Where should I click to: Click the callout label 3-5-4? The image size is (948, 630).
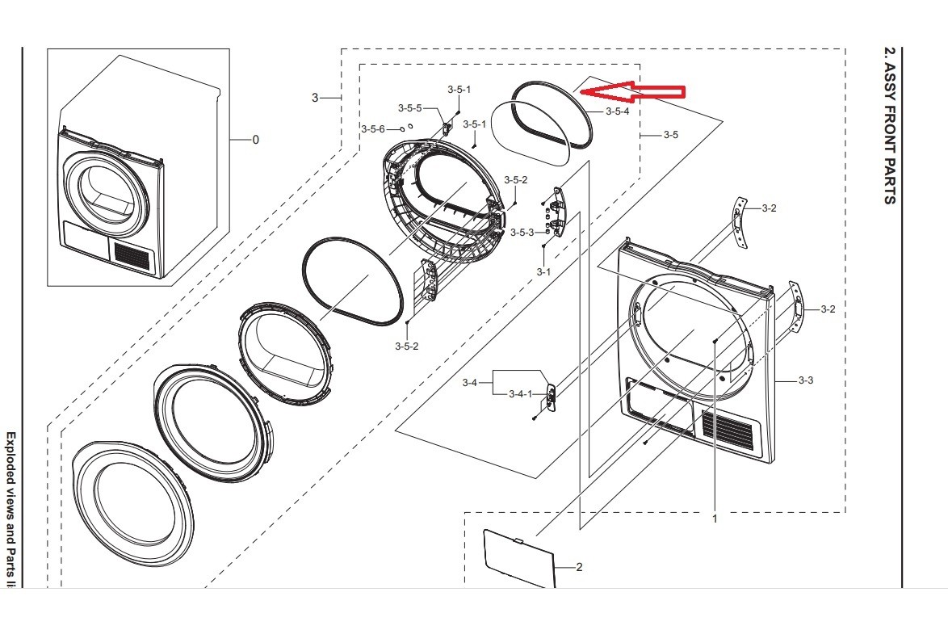(x=617, y=111)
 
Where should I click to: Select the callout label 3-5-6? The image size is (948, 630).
(x=373, y=129)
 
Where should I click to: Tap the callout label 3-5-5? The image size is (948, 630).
(x=409, y=107)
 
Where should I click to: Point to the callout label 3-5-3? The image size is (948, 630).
(x=521, y=233)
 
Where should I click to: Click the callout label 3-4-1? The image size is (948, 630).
(x=520, y=394)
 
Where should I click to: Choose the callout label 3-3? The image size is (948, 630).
(x=805, y=380)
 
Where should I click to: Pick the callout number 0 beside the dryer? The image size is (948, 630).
(x=256, y=140)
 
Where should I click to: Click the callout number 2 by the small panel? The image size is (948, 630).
(x=579, y=567)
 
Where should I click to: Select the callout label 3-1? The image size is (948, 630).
(x=543, y=272)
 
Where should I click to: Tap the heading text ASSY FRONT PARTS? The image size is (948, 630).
(x=889, y=124)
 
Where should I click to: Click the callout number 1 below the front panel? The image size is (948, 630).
(x=715, y=519)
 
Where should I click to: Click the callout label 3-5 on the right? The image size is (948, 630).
(x=670, y=135)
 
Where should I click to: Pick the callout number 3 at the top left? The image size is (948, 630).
(x=315, y=98)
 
